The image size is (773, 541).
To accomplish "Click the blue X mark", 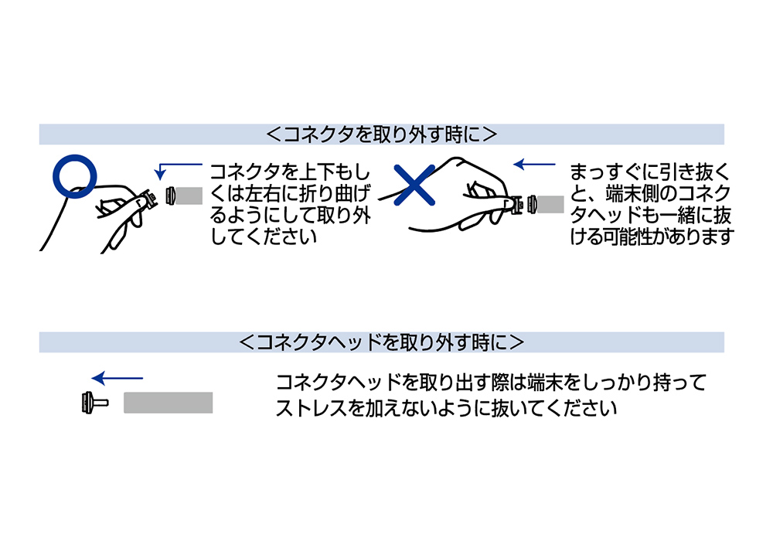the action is point(414,185).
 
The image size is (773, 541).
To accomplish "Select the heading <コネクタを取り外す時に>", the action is point(381,134).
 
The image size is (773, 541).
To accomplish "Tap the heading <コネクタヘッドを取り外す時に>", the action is point(381,342).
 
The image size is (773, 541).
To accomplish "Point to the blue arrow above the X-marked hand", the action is point(534,164).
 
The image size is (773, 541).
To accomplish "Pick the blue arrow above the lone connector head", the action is point(117,378).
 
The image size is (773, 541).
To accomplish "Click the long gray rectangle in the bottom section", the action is point(168,403).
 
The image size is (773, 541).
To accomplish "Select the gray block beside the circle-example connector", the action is point(189,196).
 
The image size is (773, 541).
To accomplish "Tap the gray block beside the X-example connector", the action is point(550,204).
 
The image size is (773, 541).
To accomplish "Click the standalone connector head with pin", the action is point(94,403).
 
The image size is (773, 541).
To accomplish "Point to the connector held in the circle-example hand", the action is point(147,199).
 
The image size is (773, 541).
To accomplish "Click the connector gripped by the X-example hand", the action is point(516,204).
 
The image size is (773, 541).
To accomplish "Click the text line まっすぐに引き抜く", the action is point(649,172).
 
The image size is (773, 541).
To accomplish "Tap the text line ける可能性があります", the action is point(652,237).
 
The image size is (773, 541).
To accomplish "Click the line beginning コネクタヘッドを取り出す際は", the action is point(491,383).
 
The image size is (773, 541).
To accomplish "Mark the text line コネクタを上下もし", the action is point(290,172).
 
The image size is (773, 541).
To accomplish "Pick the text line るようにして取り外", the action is point(291,216).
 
